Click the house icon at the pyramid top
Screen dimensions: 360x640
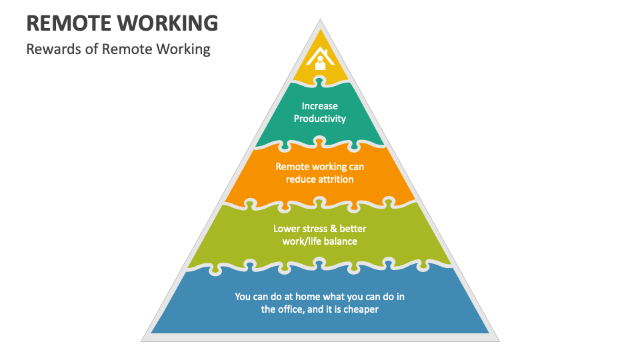[320, 59]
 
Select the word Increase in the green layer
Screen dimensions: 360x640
[320, 106]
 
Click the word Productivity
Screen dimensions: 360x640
[320, 119]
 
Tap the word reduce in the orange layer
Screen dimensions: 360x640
[300, 179]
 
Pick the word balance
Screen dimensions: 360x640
[341, 241]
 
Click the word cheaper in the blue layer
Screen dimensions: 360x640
[361, 309]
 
